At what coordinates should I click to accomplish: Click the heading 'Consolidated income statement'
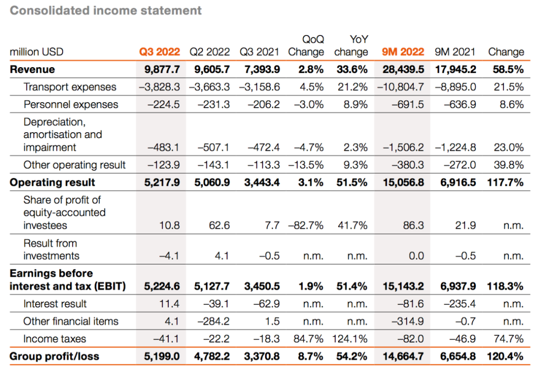pyautogui.click(x=106, y=11)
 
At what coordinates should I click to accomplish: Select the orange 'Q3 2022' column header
pyautogui.click(x=159, y=52)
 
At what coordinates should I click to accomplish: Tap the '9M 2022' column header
pyautogui.click(x=403, y=52)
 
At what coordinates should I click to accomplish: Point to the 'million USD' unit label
pyautogui.click(x=37, y=52)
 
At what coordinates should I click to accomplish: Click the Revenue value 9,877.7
pyautogui.click(x=162, y=70)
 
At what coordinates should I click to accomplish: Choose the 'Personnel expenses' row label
pyautogui.click(x=71, y=105)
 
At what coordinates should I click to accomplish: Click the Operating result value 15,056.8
pyautogui.click(x=403, y=182)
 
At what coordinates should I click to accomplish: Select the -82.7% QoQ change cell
pyautogui.click(x=306, y=226)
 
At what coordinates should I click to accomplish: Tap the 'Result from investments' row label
pyautogui.click(x=51, y=250)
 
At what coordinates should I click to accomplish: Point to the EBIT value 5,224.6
pyautogui.click(x=162, y=287)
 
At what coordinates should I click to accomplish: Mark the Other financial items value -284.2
pyautogui.click(x=215, y=321)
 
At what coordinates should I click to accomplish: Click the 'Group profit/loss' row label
pyautogui.click(x=55, y=356)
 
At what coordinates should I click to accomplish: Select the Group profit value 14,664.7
pyautogui.click(x=403, y=356)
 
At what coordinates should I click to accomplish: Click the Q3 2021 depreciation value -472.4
pyautogui.click(x=263, y=148)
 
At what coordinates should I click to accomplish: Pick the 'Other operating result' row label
pyautogui.click(x=75, y=165)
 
